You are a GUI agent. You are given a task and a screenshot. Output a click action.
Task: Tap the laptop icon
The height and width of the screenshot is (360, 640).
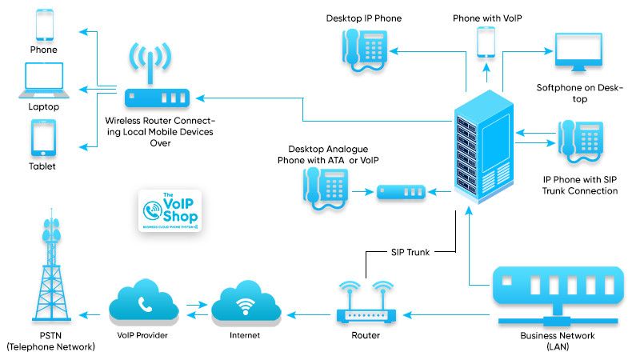pyautogui.click(x=44, y=81)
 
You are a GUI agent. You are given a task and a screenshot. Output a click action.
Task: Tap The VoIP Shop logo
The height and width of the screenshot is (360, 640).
pyautogui.click(x=169, y=211)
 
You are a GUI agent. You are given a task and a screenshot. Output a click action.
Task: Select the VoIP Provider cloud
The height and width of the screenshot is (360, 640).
pyautogui.click(x=145, y=304)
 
